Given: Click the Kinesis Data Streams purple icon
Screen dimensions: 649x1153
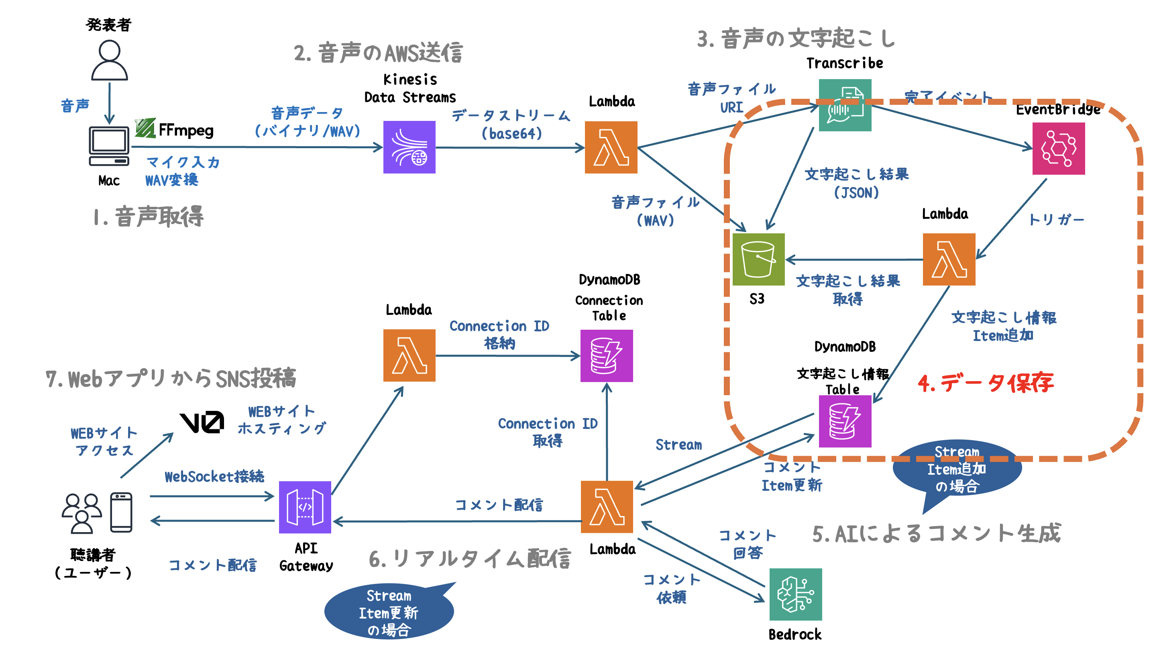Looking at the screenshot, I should (409, 147).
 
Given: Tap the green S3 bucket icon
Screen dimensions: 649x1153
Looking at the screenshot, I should (758, 259).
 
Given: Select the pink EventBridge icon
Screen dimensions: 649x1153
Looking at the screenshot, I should (1058, 148).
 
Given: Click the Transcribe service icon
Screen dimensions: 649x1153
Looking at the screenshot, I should (845, 105).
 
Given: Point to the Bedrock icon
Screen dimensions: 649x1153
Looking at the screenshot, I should (795, 594).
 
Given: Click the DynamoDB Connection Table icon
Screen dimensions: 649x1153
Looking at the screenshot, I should (607, 356).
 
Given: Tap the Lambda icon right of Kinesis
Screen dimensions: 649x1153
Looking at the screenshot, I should (611, 147).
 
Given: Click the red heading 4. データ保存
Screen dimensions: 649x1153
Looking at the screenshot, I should (985, 383).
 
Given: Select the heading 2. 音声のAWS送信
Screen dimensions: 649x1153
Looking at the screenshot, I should (378, 53).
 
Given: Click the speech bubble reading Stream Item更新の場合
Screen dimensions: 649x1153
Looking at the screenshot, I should (389, 612).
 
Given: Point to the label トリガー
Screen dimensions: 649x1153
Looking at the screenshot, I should (1056, 219).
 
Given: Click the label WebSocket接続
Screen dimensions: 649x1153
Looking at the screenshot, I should (214, 476).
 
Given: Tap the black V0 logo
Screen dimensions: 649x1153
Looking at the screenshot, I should (202, 422).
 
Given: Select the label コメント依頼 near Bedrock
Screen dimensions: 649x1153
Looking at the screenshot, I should (671, 588).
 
